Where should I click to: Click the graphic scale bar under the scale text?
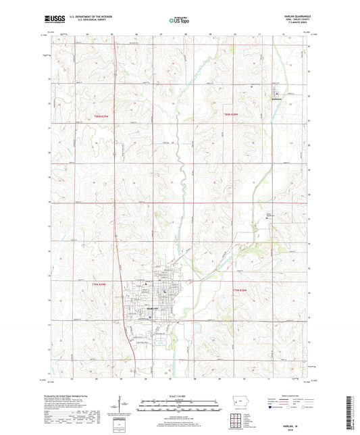pyautogui.click(x=179, y=407)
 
